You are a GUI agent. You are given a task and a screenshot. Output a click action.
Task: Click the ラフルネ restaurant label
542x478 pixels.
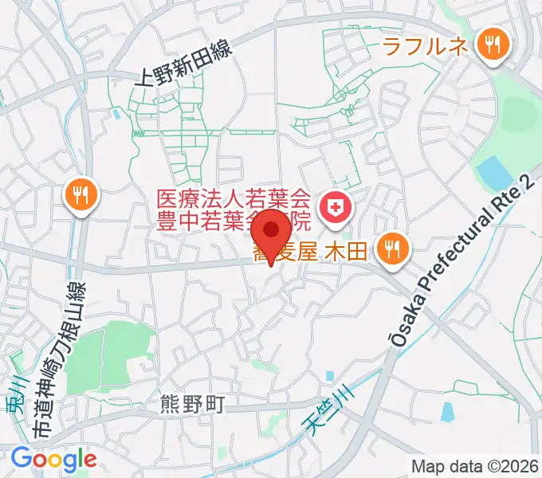click(425, 45)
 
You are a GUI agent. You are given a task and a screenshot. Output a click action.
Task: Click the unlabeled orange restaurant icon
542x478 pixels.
click(81, 193)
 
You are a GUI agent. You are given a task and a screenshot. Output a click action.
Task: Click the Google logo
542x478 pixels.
click(54, 459)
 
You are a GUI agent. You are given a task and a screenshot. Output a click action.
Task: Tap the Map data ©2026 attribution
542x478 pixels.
click(475, 466)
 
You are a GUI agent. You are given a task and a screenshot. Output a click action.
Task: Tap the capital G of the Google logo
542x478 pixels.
click(22, 458)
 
